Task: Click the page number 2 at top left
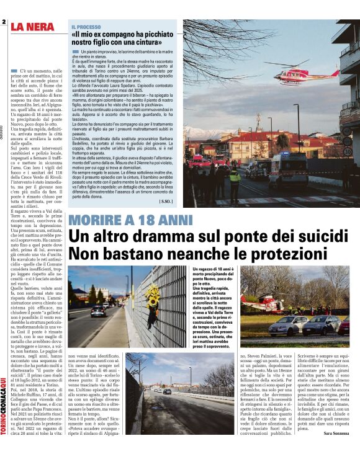tap(4, 22)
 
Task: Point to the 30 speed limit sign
tap(348, 151)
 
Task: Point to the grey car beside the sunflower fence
tap(98, 311)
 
